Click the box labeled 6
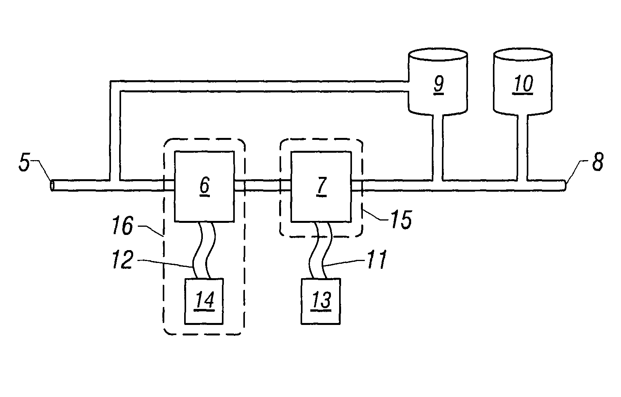pyautogui.click(x=204, y=187)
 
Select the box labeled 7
pyautogui.click(x=321, y=187)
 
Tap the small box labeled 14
pyautogui.click(x=204, y=301)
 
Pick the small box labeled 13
pyautogui.click(x=320, y=301)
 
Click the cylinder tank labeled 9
pyautogui.click(x=438, y=84)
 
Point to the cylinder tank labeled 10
pyautogui.click(x=522, y=84)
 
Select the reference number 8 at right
pyautogui.click(x=597, y=162)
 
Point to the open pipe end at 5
pyautogui.click(x=53, y=186)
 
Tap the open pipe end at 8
pyautogui.click(x=565, y=185)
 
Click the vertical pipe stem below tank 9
pyautogui.click(x=437, y=148)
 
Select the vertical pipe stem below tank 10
pyautogui.click(x=522, y=148)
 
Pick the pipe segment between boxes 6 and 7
pyautogui.click(x=263, y=185)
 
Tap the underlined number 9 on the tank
pyautogui.click(x=438, y=85)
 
